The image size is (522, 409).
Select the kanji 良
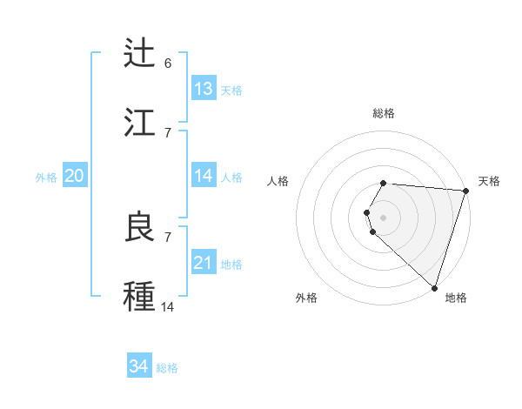pyautogui.click(x=140, y=226)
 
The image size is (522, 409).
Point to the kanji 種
pyautogui.click(x=140, y=294)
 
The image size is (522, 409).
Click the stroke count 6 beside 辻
pyautogui.click(x=168, y=64)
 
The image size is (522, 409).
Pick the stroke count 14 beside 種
pyautogui.click(x=168, y=306)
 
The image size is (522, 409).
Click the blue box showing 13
pyautogui.click(x=204, y=89)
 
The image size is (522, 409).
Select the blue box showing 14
pyautogui.click(x=204, y=176)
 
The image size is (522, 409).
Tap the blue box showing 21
pyautogui.click(x=204, y=263)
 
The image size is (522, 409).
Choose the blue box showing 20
pyautogui.click(x=74, y=176)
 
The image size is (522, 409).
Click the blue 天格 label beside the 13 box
pyautogui.click(x=231, y=91)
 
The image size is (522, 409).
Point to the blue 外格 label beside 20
pyautogui.click(x=46, y=178)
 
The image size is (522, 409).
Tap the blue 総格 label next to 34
pyautogui.click(x=167, y=368)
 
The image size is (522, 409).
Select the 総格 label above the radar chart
pyautogui.click(x=384, y=113)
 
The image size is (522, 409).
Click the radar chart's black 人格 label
pyautogui.click(x=278, y=181)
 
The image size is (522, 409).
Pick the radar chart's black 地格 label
pyautogui.click(x=456, y=298)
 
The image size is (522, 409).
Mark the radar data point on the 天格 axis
pyautogui.click(x=465, y=191)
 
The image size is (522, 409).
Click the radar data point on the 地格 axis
pyautogui.click(x=434, y=286)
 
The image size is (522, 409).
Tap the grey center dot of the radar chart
pyautogui.click(x=384, y=217)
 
